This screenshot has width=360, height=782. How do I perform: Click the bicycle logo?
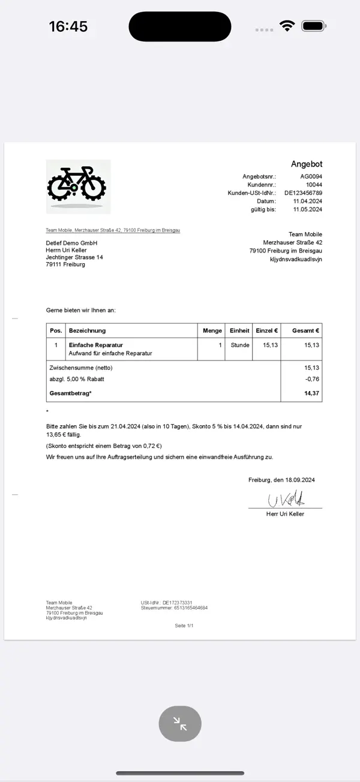click(x=78, y=186)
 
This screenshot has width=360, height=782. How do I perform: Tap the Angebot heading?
click(x=307, y=164)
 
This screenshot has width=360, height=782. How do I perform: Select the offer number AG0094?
click(x=311, y=176)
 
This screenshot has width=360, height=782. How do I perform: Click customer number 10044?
click(x=314, y=185)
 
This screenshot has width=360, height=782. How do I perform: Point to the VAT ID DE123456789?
click(x=303, y=193)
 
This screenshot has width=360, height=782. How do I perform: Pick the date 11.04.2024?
click(x=308, y=201)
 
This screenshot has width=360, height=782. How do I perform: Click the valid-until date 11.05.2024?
click(x=308, y=210)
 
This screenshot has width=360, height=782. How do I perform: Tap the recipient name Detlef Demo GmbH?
click(x=71, y=243)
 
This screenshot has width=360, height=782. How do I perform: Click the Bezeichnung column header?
click(x=88, y=330)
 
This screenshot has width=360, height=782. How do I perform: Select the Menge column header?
click(x=212, y=330)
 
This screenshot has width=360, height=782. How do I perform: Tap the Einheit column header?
click(x=239, y=330)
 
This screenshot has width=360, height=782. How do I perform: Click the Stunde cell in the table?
click(x=239, y=345)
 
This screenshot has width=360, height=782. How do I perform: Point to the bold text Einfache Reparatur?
click(x=96, y=345)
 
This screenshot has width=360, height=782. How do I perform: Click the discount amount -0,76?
click(x=312, y=379)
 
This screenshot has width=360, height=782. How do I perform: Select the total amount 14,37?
click(x=311, y=393)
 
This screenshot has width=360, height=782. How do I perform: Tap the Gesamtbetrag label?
click(x=71, y=393)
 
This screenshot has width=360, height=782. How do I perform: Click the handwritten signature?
click(x=286, y=499)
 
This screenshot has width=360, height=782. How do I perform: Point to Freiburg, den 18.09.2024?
click(x=281, y=480)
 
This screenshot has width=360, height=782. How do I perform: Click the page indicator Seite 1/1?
click(x=184, y=625)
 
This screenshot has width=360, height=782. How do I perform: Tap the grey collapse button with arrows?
click(x=180, y=724)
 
